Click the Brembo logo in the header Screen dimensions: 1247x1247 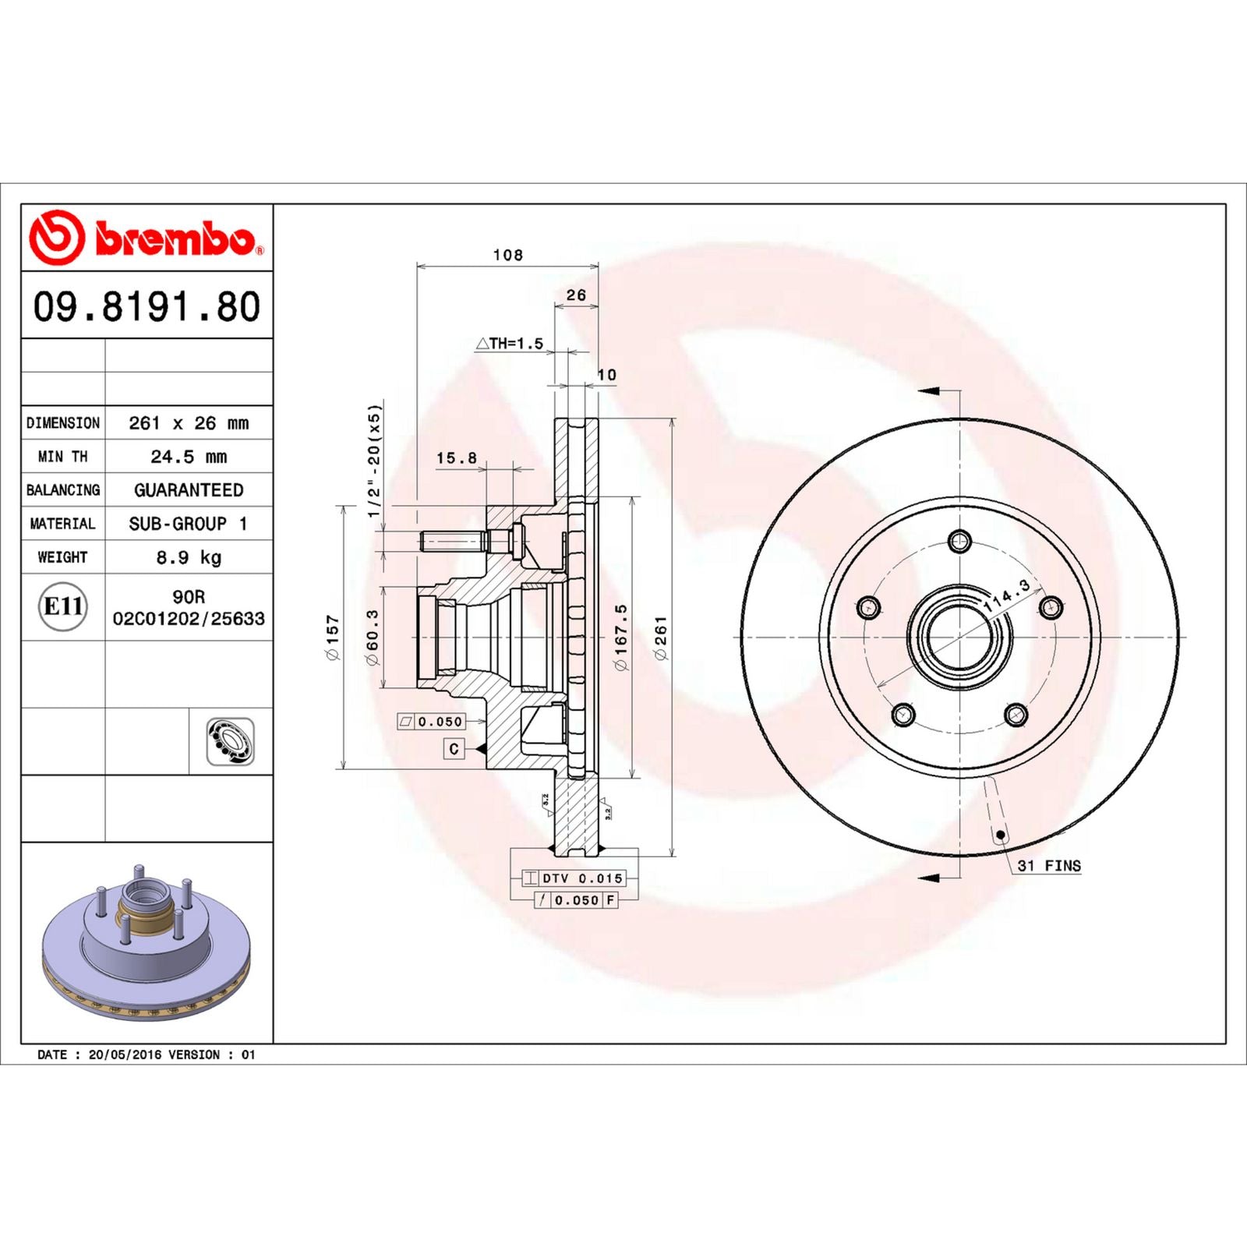click(146, 237)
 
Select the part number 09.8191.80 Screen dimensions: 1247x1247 click(147, 306)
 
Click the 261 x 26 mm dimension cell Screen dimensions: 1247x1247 click(189, 423)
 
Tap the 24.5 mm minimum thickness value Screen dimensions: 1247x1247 click(189, 457)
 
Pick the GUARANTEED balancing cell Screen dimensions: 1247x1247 click(189, 490)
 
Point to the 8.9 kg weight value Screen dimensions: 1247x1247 click(189, 557)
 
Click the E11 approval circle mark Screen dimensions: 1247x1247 click(62, 606)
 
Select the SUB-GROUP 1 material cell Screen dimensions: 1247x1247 click(189, 524)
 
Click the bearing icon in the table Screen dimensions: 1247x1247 click(230, 741)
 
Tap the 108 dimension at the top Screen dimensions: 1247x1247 click(507, 255)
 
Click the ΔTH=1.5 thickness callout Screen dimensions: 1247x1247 click(510, 344)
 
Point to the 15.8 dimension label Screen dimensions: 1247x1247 click(456, 458)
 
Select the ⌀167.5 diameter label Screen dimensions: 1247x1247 click(620, 637)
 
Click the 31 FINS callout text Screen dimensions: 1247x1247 click(1049, 866)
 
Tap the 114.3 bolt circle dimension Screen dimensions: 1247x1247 click(1007, 595)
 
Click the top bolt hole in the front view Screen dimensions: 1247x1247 click(960, 540)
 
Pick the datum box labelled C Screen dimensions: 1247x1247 click(454, 749)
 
